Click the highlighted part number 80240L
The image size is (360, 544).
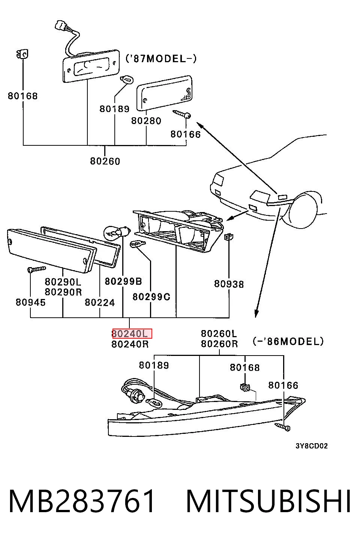pos(132,334)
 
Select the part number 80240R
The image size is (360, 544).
pos(130,344)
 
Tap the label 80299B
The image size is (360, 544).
pos(123,281)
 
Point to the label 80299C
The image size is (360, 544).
pos(151,297)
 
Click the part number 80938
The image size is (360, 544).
pos(229,284)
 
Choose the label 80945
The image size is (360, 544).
pos(31,302)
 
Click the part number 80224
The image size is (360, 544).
pos(100,302)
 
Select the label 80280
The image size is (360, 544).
pos(146,121)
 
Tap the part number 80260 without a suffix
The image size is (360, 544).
pos(105,161)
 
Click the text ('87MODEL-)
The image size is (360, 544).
pos(161,58)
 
